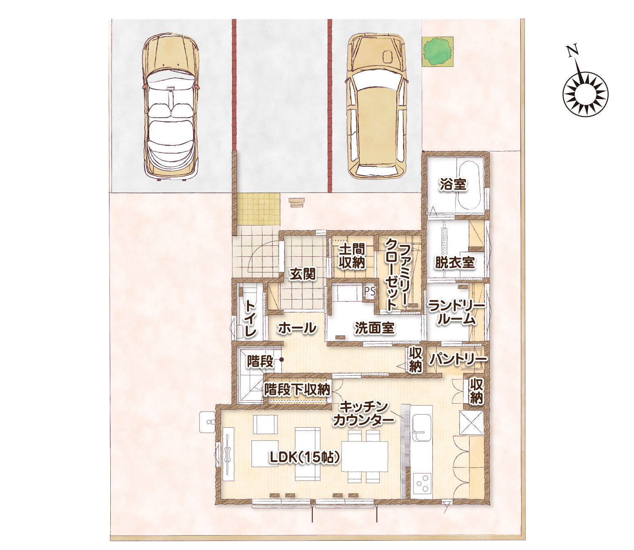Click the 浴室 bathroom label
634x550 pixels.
pyautogui.click(x=453, y=184)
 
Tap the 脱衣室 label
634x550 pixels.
pyautogui.click(x=455, y=262)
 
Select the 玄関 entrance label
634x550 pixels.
pyautogui.click(x=303, y=274)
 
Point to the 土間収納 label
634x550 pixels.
pyautogui.click(x=352, y=257)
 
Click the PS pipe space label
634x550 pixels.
pyautogui.click(x=370, y=291)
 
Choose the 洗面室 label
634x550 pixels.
pyautogui.click(x=374, y=328)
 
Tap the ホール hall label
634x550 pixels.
pyautogui.click(x=297, y=327)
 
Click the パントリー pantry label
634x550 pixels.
pyautogui.click(x=458, y=359)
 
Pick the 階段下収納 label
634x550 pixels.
pyautogui.click(x=297, y=389)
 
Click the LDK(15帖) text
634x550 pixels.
pyautogui.click(x=305, y=457)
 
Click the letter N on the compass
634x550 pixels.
pyautogui.click(x=573, y=51)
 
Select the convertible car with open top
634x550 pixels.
pyautogui.click(x=170, y=107)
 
